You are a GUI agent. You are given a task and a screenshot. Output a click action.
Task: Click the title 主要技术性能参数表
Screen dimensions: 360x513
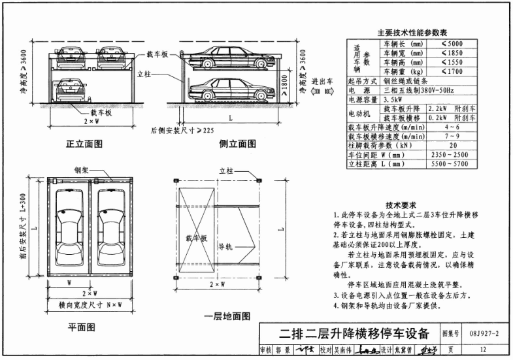pyautogui.click(x=412, y=32)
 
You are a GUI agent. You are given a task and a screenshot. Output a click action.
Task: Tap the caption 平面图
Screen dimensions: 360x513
pyautogui.click(x=82, y=326)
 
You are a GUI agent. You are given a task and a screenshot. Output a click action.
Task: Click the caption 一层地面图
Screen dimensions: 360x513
pyautogui.click(x=227, y=316)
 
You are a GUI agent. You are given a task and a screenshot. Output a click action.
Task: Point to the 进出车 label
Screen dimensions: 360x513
pyautogui.click(x=323, y=82)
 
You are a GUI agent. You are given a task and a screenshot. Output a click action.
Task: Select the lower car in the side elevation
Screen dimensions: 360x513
pyautogui.click(x=228, y=90)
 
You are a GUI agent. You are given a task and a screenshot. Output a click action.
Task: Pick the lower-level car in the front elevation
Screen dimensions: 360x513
pyautogui.click(x=69, y=89)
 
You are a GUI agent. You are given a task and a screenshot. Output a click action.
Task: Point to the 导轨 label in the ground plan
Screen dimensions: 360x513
pyautogui.click(x=225, y=246)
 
